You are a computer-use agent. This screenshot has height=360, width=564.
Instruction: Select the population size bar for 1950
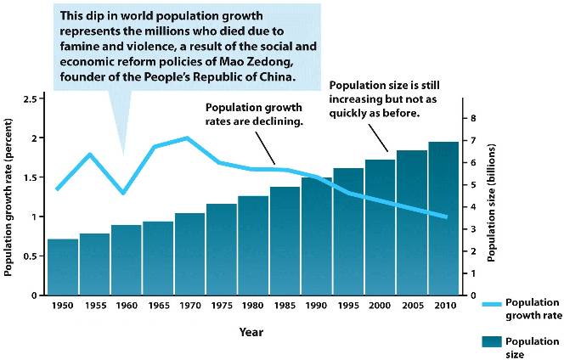tap(63, 267)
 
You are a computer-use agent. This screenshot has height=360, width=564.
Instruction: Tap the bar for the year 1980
tap(253, 246)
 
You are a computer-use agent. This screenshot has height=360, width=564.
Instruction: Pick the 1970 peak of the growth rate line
tap(187, 138)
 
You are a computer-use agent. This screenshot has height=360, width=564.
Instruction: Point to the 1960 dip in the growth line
tap(123, 193)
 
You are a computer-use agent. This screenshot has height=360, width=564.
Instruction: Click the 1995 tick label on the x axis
tap(348, 305)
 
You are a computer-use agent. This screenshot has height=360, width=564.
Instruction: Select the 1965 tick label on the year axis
tap(158, 305)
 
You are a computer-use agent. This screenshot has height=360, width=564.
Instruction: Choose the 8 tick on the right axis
tap(475, 118)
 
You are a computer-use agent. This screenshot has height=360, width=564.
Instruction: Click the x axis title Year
tap(251, 331)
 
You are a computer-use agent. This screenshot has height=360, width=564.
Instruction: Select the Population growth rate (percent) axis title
tap(9, 196)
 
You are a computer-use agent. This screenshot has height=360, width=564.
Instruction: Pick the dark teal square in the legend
tap(492, 341)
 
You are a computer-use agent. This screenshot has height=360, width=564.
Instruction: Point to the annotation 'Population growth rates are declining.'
tap(255, 115)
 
